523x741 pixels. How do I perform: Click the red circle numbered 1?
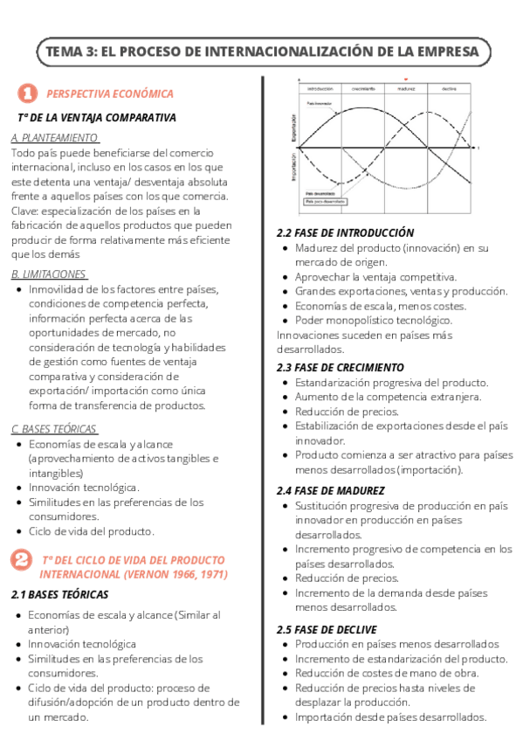[x=27, y=93]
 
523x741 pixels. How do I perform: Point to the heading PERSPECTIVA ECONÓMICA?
[x=110, y=93]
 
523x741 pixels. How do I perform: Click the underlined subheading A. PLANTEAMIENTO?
[x=54, y=138]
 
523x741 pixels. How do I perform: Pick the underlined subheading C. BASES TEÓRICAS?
[x=54, y=428]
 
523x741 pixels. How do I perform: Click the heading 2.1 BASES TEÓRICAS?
[x=60, y=595]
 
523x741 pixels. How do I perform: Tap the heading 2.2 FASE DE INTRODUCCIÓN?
[x=345, y=233]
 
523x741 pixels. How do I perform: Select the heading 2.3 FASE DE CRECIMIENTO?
[x=341, y=368]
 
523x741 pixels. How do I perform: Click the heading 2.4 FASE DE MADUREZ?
[x=330, y=490]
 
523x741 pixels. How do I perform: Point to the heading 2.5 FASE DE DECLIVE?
[x=327, y=629]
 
